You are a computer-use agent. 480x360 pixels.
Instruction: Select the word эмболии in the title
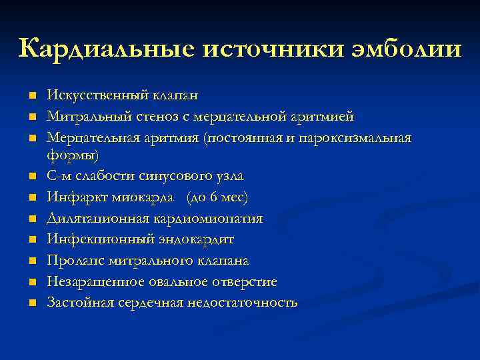(x=413, y=49)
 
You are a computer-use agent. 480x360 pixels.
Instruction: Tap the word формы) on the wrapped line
(x=72, y=155)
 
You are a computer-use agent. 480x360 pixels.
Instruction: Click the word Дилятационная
(x=94, y=218)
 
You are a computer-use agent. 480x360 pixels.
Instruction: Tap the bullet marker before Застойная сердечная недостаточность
(x=31, y=303)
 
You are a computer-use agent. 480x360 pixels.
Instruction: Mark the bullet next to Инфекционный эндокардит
(x=31, y=239)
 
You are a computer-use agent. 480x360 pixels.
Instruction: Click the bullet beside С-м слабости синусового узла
(x=31, y=177)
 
